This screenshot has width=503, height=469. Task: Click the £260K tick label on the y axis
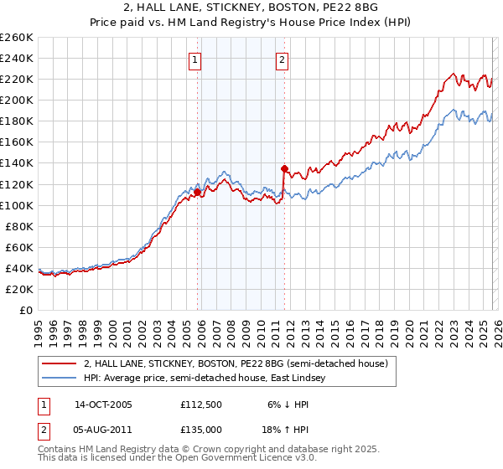pyautogui.click(x=17, y=38)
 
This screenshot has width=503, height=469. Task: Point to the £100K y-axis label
pyautogui.click(x=17, y=205)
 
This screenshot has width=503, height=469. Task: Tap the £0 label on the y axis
pyautogui.click(x=25, y=310)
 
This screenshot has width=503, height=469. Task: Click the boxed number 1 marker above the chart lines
pyautogui.click(x=195, y=59)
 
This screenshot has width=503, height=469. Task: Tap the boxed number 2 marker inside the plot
pyautogui.click(x=283, y=59)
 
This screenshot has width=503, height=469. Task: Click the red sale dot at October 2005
pyautogui.click(x=198, y=192)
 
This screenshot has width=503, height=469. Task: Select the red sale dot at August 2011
pyautogui.click(x=284, y=168)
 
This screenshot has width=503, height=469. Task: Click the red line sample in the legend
pyautogui.click(x=59, y=364)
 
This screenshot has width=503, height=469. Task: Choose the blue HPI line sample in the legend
pyautogui.click(x=59, y=379)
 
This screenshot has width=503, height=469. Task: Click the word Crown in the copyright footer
pyautogui.click(x=189, y=451)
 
